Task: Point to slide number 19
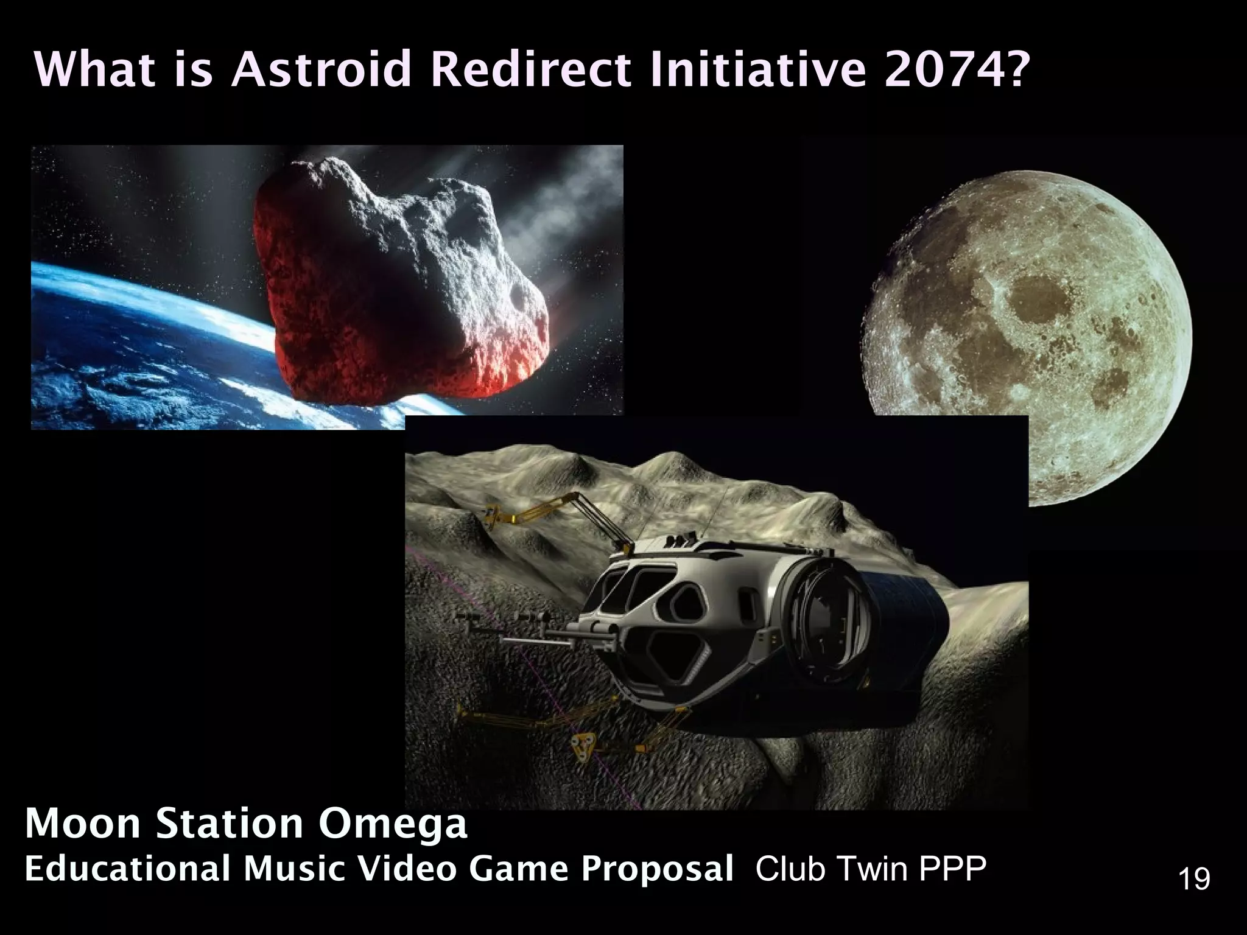[1194, 880]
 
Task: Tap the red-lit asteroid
[390, 274]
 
